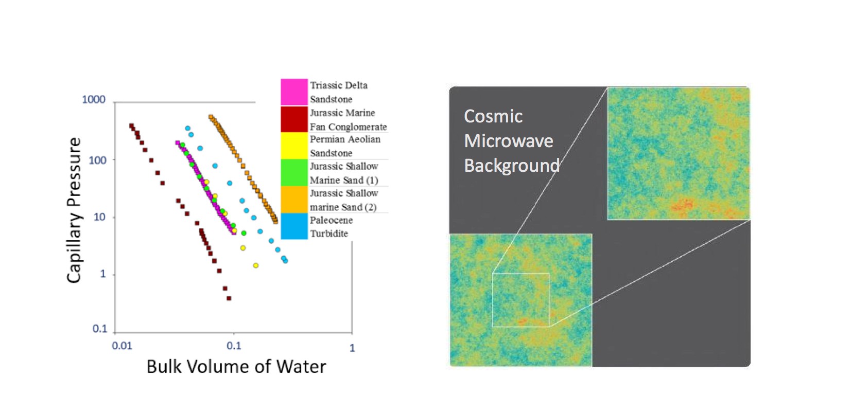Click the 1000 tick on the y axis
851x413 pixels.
click(94, 100)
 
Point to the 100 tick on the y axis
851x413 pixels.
click(97, 160)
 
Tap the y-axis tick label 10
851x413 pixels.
click(99, 217)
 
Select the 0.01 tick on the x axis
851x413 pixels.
click(121, 346)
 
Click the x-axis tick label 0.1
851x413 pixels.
click(234, 346)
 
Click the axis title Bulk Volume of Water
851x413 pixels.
click(236, 367)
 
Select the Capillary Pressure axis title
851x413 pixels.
click(74, 210)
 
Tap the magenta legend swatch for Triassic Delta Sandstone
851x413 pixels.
click(294, 92)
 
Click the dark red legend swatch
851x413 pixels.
click(294, 119)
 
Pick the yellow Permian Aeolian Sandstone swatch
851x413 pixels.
click(294, 146)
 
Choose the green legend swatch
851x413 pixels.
click(294, 173)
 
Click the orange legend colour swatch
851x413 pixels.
click(294, 199)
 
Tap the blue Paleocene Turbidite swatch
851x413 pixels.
click(294, 226)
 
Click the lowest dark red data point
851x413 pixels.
click(229, 298)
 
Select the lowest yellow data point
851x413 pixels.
click(256, 265)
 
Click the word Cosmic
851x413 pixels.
click(493, 116)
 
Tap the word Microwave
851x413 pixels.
click(509, 141)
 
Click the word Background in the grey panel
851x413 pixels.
click(512, 166)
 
